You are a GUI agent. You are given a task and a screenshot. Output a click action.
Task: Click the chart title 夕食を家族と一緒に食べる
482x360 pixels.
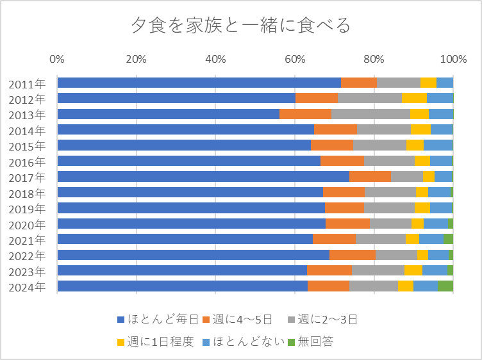[241, 26]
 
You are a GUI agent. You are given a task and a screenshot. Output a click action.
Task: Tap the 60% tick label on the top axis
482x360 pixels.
[294, 60]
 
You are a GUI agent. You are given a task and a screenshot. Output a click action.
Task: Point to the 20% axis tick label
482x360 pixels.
[136, 60]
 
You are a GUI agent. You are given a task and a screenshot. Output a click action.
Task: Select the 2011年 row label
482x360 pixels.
[27, 83]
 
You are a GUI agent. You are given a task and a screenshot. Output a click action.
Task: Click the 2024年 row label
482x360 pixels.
[27, 286]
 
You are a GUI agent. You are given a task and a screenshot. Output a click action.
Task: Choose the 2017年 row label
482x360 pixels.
[27, 177]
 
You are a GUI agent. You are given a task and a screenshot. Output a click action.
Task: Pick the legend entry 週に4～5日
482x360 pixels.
[237, 319]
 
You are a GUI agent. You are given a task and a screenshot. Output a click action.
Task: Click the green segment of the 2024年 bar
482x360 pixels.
[445, 286]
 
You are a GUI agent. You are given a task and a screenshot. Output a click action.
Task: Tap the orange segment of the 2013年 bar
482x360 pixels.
[305, 114]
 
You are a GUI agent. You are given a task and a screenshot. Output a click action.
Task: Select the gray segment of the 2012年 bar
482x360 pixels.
[370, 98]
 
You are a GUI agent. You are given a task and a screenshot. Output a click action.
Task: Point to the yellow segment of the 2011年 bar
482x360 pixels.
[428, 83]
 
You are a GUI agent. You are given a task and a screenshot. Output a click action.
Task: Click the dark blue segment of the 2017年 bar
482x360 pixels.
[203, 177]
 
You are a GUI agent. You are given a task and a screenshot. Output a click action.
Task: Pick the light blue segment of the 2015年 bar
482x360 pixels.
[438, 145]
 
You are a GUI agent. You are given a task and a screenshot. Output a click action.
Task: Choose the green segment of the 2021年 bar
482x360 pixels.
[448, 239]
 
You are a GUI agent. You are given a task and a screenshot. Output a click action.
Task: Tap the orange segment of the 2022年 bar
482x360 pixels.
[352, 255]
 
